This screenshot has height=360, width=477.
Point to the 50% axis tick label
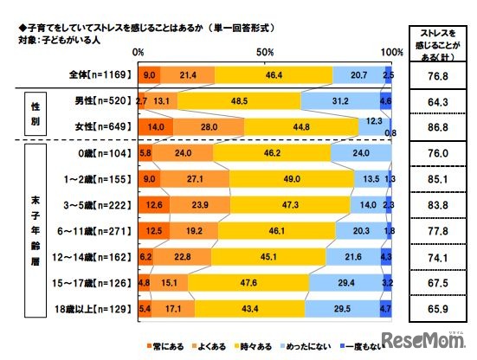262,53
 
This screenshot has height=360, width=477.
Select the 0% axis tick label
137,53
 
